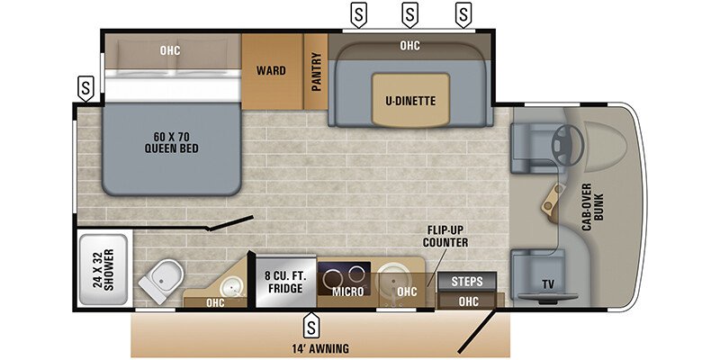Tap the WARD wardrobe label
coord(271,70)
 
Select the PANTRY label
coord(317,70)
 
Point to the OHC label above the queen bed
coord(170,50)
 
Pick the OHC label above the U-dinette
coord(409,44)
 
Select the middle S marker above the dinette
coord(410,14)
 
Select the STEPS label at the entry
coord(467,281)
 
